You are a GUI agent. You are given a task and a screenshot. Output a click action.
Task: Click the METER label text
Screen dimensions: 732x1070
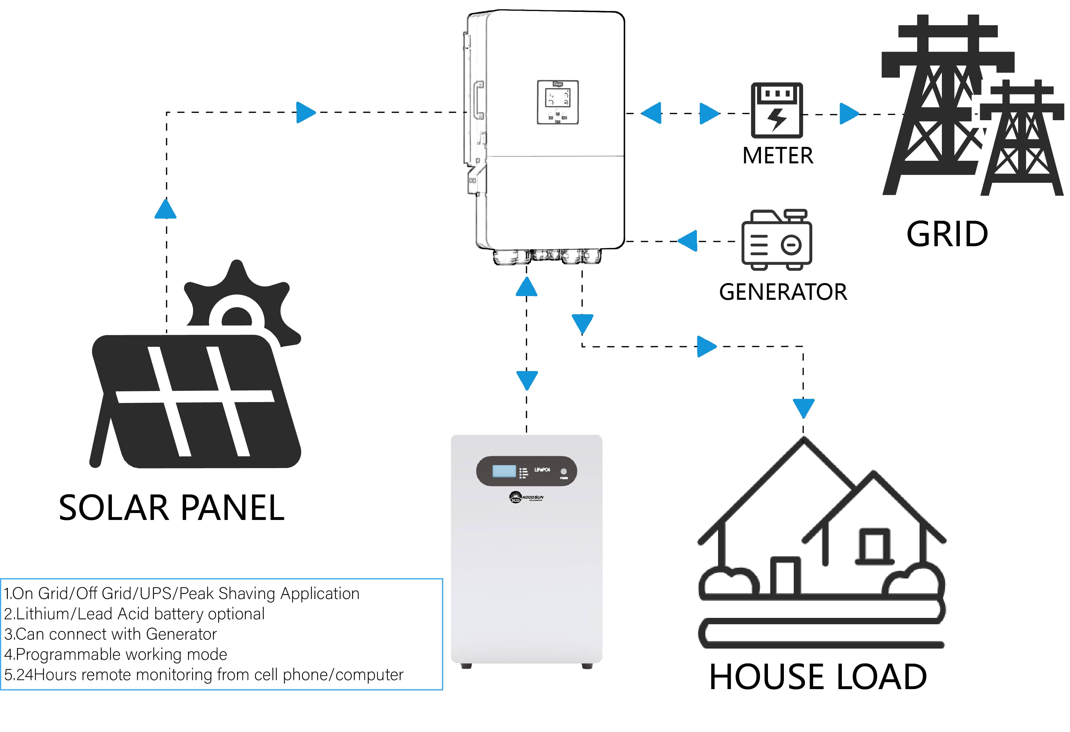pyautogui.click(x=777, y=156)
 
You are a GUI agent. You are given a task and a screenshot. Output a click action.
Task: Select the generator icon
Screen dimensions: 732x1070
pyautogui.click(x=777, y=240)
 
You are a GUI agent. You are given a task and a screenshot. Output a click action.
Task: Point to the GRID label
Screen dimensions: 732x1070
pyautogui.click(x=947, y=234)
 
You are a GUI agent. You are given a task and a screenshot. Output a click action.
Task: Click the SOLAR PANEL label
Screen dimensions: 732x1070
pyautogui.click(x=172, y=508)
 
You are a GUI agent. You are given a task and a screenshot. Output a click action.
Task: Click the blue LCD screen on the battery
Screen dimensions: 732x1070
pyautogui.click(x=504, y=471)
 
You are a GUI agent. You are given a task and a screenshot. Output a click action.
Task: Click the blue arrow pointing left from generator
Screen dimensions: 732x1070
pyautogui.click(x=688, y=241)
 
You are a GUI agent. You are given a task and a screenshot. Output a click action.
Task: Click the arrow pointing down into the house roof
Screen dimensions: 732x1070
pyautogui.click(x=803, y=408)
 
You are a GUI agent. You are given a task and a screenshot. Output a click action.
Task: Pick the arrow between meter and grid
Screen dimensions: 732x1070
pyautogui.click(x=849, y=114)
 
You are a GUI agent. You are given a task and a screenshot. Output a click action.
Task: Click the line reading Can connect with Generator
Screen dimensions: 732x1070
pyautogui.click(x=110, y=634)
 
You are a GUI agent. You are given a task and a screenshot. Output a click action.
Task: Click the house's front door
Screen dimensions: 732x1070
pyautogui.click(x=785, y=576)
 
